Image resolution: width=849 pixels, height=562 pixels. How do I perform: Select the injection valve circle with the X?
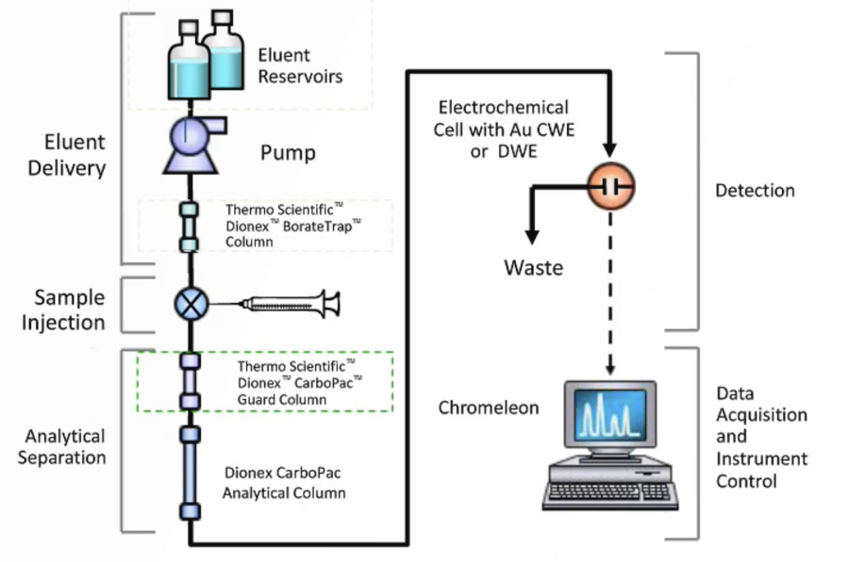pos(191,304)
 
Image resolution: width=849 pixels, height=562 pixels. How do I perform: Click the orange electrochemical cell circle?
pos(611,187)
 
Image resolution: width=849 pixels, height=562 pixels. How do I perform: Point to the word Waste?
pos(533,268)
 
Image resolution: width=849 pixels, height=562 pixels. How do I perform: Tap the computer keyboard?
pos(610,492)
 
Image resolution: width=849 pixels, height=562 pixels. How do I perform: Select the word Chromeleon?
pos(488,408)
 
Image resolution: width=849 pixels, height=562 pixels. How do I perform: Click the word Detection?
pos(755,191)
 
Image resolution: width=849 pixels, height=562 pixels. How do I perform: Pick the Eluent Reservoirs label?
pos(300,66)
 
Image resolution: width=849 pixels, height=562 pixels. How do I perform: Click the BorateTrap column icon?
pos(189,227)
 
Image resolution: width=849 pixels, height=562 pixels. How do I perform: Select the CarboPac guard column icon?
pos(190,381)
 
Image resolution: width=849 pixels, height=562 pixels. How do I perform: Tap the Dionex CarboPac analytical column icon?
pos(190,472)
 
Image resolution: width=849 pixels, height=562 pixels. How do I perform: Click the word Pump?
pos(288,153)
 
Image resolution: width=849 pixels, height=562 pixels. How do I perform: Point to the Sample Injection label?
pos(64,310)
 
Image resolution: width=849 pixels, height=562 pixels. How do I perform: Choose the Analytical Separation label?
pos(62,446)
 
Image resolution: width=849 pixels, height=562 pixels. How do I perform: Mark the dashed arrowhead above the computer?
pos(610,368)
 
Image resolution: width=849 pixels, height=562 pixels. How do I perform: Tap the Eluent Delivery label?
pos(67,155)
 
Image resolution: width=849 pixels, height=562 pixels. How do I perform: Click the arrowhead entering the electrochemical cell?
pos(610,150)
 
